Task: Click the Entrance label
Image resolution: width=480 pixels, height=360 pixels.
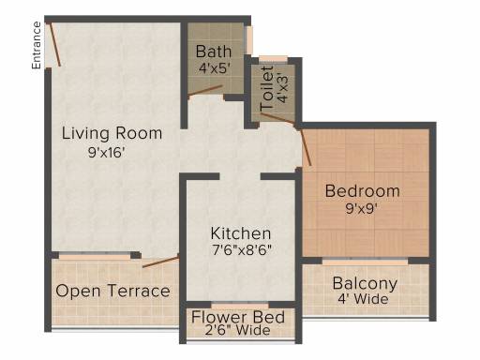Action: click(37, 45)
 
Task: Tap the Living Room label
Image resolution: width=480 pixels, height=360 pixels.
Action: click(112, 133)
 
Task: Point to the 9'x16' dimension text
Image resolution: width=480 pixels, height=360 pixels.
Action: click(107, 153)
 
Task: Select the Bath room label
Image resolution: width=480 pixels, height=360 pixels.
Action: click(214, 52)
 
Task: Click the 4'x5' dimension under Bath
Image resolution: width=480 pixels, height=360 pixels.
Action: click(215, 68)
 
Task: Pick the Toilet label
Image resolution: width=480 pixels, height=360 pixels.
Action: click(267, 88)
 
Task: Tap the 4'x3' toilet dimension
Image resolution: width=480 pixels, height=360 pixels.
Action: click(283, 88)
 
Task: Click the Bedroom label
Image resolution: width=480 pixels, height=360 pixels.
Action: click(363, 191)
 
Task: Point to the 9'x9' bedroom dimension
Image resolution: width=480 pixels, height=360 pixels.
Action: click(361, 208)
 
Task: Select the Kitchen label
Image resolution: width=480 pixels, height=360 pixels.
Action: click(241, 233)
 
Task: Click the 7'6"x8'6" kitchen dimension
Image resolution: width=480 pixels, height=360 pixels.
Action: click(242, 250)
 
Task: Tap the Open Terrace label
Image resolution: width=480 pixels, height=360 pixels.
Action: click(112, 291)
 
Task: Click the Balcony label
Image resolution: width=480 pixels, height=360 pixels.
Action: click(365, 284)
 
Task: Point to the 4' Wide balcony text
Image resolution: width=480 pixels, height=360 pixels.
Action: click(363, 299)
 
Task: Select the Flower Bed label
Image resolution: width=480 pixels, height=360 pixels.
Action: click(238, 317)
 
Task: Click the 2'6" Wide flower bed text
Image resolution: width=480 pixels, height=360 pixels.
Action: click(238, 330)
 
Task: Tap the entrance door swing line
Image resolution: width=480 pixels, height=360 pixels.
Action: click(55, 44)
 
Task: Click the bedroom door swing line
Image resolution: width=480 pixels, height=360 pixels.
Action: click(306, 147)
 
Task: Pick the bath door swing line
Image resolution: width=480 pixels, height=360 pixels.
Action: click(205, 90)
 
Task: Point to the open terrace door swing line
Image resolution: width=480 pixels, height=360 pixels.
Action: click(161, 262)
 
